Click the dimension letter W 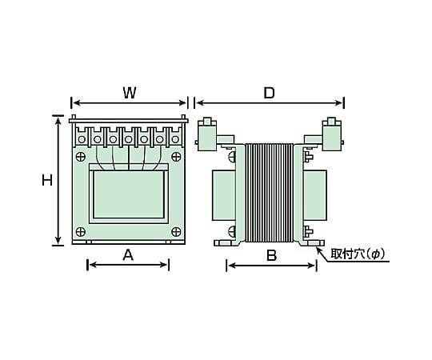pos(130,93)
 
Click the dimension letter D pos(269,93)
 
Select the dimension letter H pos(47,181)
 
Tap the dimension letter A pos(128,255)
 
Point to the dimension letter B pos(271,256)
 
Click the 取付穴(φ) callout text pos(358,254)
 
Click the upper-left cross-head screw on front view pos(81,157)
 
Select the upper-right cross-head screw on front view pos(176,157)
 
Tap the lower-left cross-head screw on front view pos(81,231)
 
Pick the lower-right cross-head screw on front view pos(176,231)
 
